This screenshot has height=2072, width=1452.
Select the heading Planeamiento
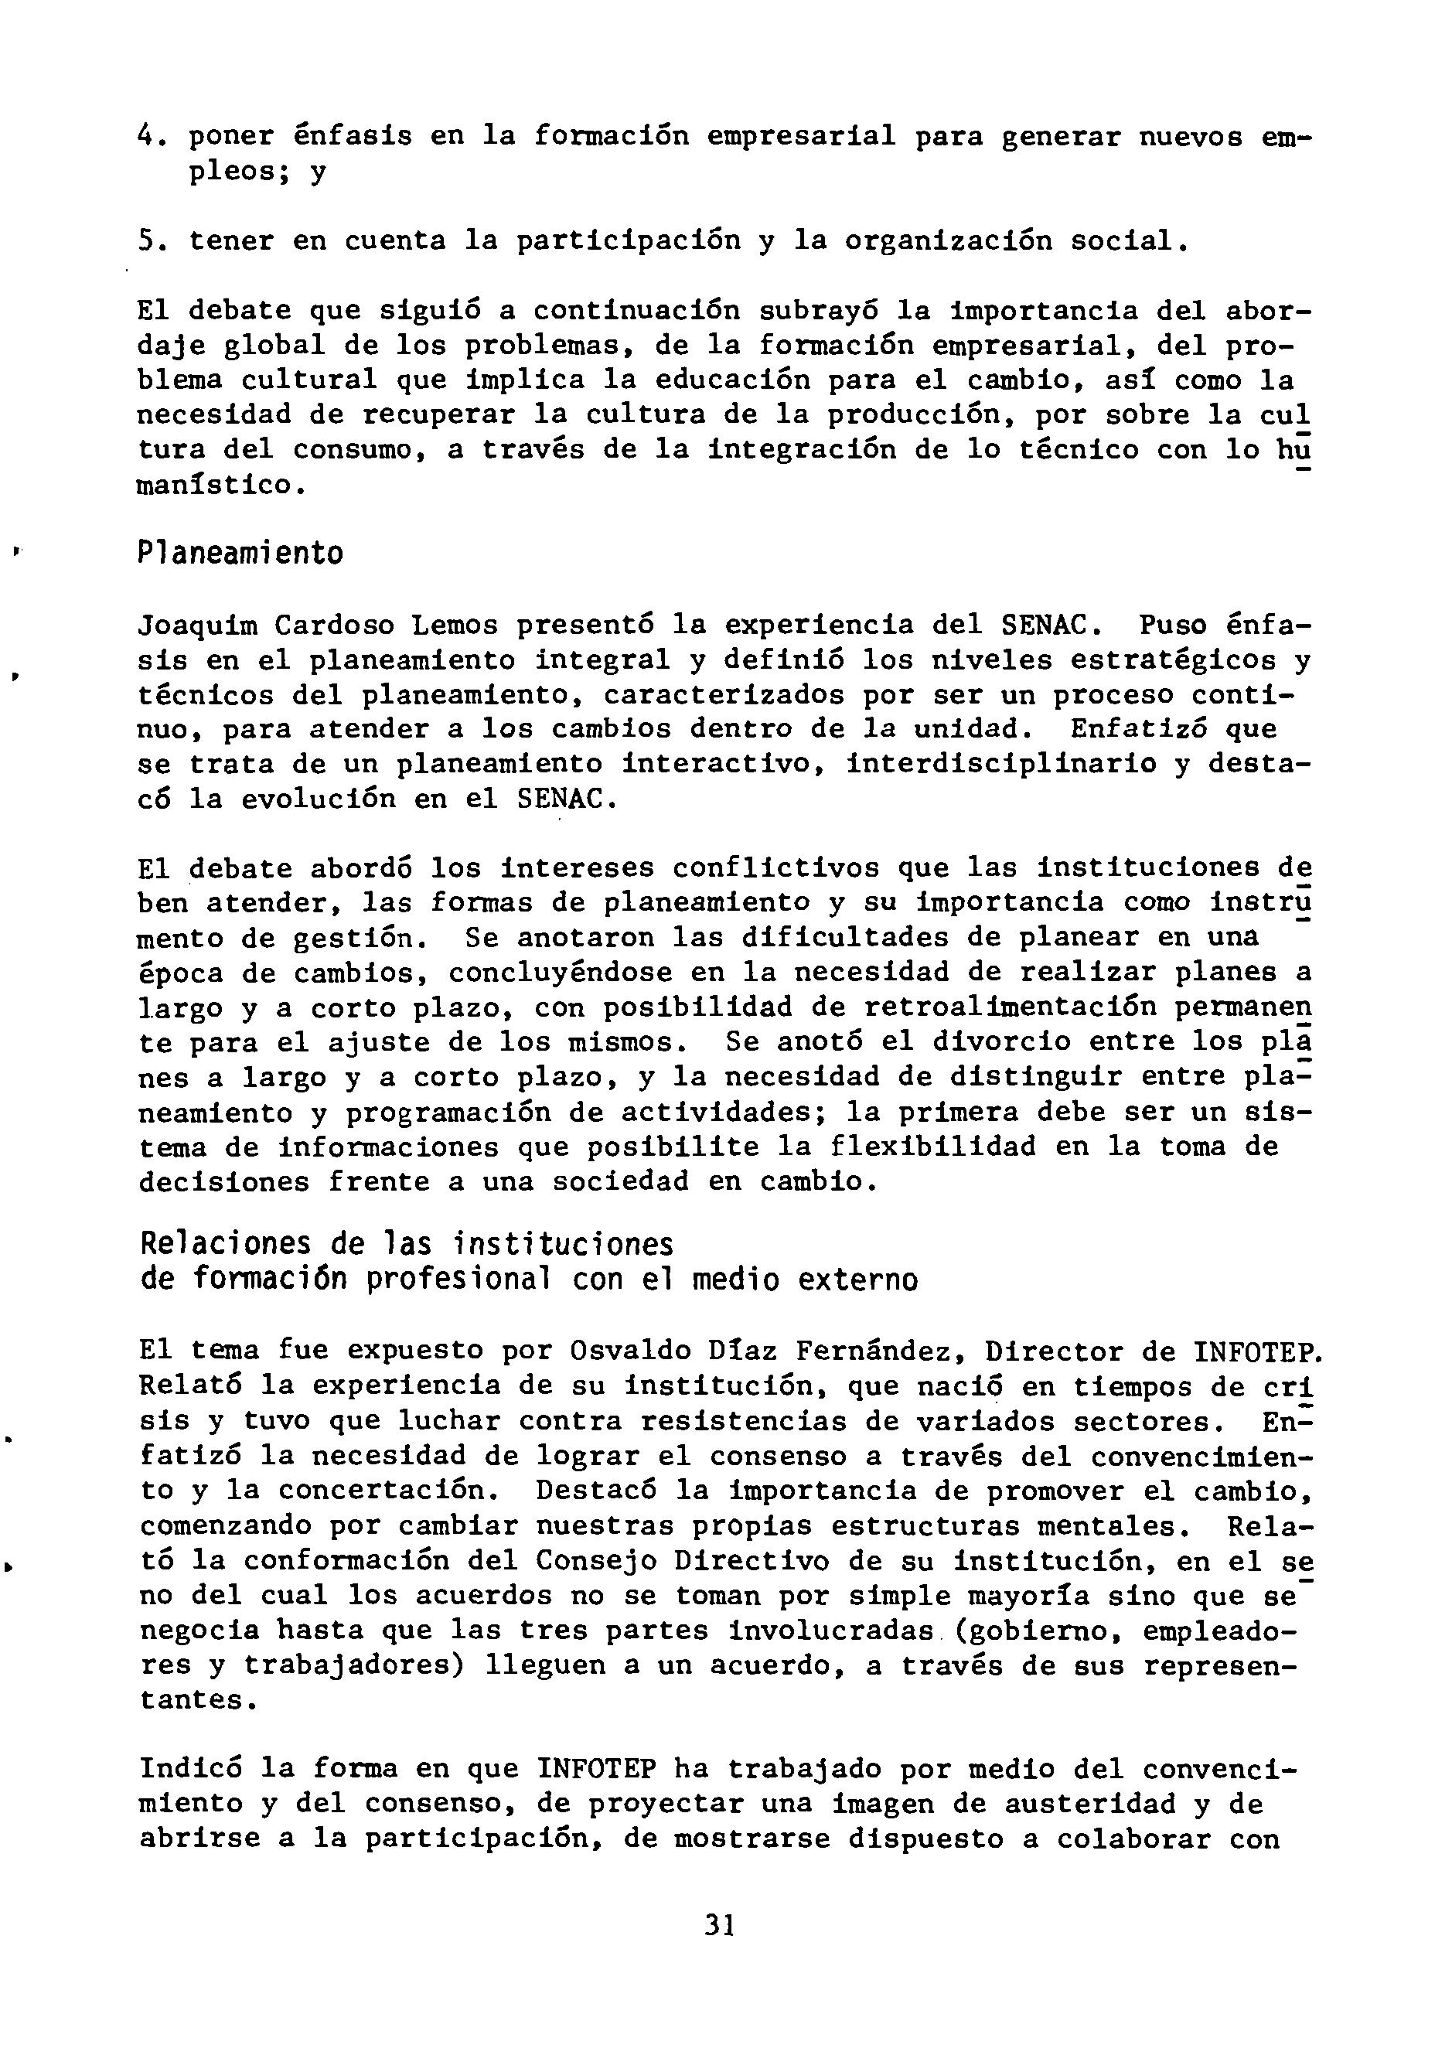[x=240, y=552]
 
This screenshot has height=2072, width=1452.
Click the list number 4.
[x=147, y=135]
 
